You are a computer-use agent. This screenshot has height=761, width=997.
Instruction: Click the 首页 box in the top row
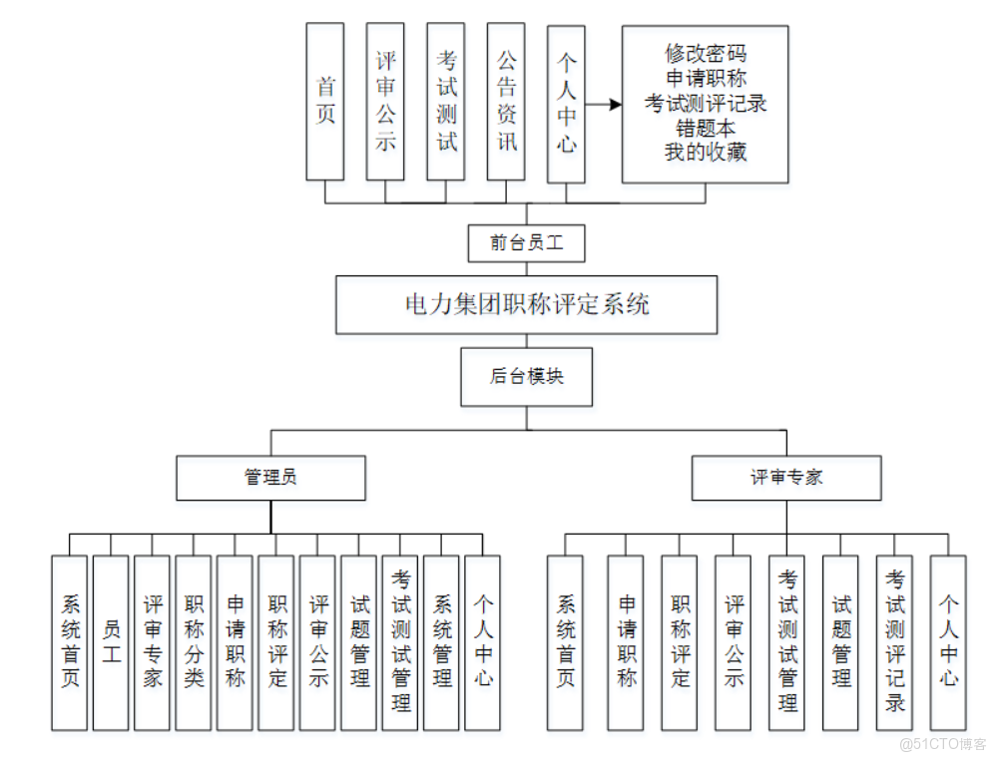(x=325, y=101)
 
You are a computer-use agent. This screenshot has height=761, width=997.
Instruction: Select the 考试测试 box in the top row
(x=446, y=101)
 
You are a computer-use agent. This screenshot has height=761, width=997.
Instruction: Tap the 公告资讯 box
(x=506, y=101)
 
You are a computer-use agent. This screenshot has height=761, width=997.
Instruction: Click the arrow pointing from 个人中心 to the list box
(x=603, y=104)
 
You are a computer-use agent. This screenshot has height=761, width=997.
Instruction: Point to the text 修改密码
(x=705, y=53)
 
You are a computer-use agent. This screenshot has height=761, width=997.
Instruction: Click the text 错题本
(x=705, y=128)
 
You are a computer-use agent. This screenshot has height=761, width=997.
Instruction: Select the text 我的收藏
(x=705, y=153)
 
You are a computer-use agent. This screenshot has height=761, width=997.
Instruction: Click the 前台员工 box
(x=526, y=242)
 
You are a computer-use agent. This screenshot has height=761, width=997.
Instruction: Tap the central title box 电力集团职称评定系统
(x=526, y=304)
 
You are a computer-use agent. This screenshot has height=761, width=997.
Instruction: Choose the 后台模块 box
(x=526, y=377)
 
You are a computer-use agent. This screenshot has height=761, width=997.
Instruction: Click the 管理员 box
(x=270, y=478)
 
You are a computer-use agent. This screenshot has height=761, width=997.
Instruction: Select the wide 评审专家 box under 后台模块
(x=786, y=478)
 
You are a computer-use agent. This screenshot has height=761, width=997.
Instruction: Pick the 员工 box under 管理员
(x=111, y=642)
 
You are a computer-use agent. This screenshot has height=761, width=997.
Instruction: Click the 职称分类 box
(x=194, y=642)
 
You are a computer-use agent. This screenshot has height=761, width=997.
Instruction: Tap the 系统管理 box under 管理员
(x=441, y=642)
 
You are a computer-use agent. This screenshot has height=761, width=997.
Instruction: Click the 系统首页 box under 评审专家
(x=566, y=642)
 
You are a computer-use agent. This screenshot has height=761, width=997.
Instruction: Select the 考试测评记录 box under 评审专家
(x=894, y=642)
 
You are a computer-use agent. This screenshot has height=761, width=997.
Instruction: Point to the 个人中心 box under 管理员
(x=483, y=642)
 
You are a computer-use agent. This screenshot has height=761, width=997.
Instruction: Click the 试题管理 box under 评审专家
(x=840, y=642)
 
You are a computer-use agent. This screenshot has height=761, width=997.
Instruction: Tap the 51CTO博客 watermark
(x=942, y=744)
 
